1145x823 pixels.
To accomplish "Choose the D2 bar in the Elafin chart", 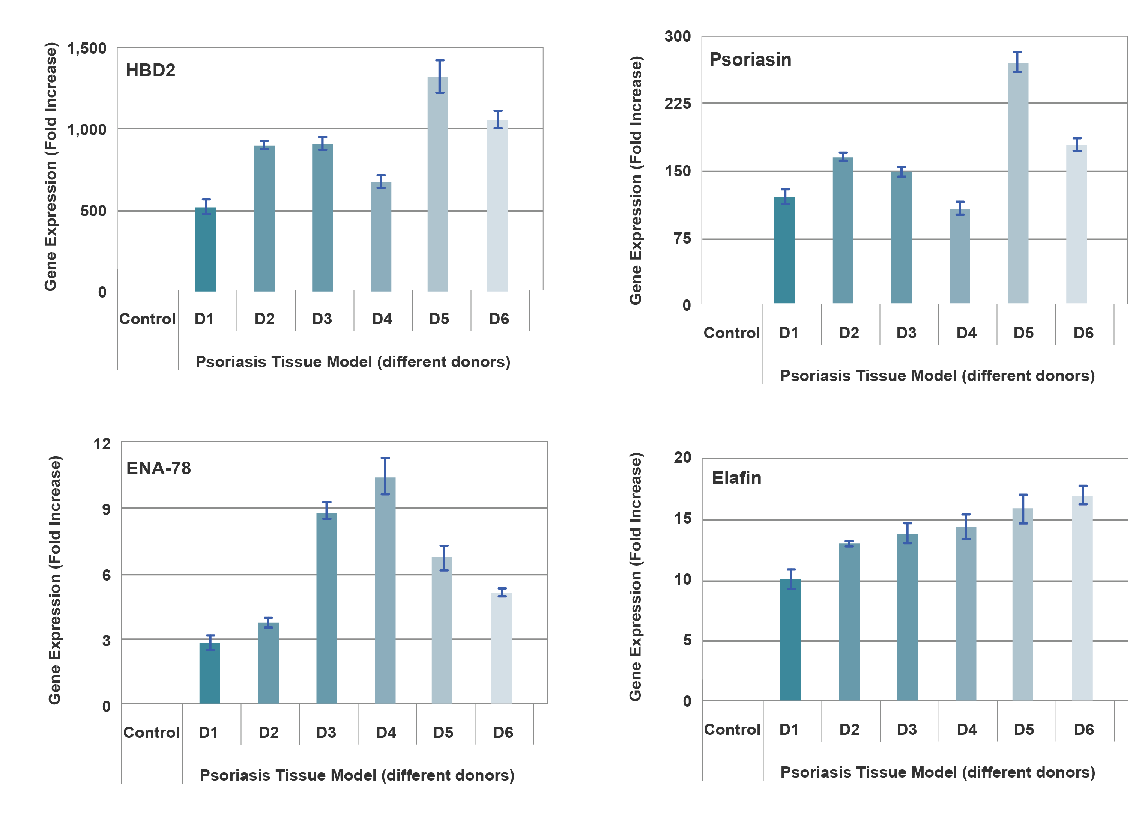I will tap(849, 621).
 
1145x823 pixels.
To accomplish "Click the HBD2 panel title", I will tap(150, 70).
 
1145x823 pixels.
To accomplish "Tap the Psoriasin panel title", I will tap(750, 60).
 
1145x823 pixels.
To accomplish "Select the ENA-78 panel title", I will tap(159, 468).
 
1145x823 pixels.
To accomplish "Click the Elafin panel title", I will tap(736, 478).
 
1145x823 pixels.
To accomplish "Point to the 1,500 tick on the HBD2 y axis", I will tap(87, 48).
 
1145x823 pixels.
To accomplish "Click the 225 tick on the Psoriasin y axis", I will tap(678, 104).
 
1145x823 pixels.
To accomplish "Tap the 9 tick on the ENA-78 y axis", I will tap(106, 509).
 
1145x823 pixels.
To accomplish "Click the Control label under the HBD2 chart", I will tap(147, 319).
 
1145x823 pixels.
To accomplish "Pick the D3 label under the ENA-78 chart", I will tap(326, 732).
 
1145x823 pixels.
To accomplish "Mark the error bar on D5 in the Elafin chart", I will tap(1023, 509).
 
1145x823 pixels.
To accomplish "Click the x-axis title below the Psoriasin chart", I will tap(938, 376).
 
